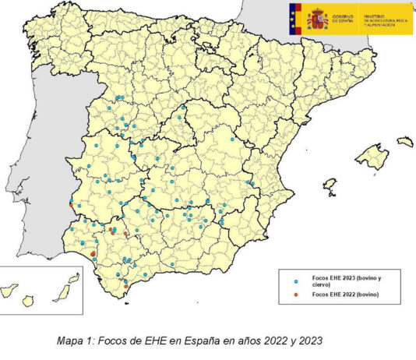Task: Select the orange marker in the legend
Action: tap(296, 295)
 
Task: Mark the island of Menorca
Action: tap(405, 142)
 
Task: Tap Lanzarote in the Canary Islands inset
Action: tap(73, 277)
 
